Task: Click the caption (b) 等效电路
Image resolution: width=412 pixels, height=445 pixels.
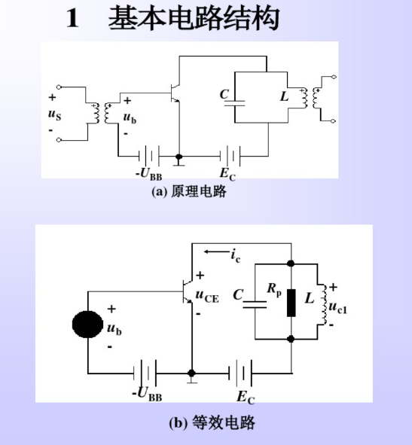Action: click(x=212, y=422)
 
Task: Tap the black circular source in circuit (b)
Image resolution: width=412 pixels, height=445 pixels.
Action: click(x=88, y=325)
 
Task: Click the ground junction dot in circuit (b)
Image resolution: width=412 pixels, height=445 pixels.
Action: click(x=191, y=373)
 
